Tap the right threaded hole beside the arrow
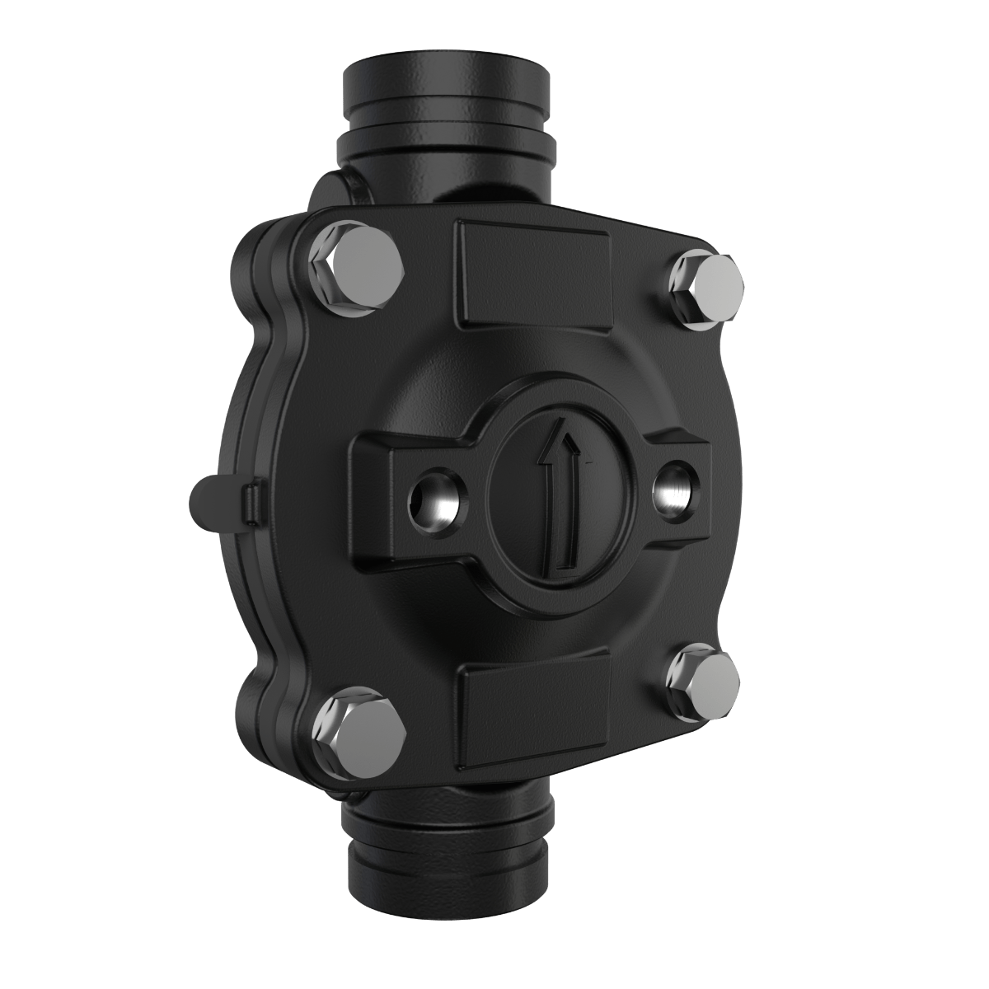click(673, 492)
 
